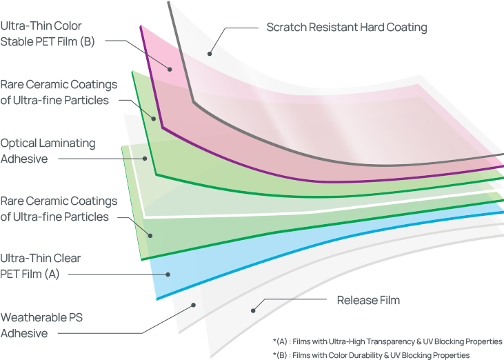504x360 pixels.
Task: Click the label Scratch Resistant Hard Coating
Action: click(x=346, y=28)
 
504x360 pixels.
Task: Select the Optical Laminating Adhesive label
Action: click(x=48, y=151)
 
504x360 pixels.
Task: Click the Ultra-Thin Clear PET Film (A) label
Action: click(x=41, y=266)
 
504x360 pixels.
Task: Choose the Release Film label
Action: click(x=367, y=301)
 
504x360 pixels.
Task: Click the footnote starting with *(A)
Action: click(x=387, y=341)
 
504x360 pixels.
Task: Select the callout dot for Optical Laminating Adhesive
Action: click(x=145, y=158)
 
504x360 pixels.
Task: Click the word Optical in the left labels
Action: click(x=19, y=143)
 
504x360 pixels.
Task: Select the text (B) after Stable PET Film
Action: click(x=86, y=41)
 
